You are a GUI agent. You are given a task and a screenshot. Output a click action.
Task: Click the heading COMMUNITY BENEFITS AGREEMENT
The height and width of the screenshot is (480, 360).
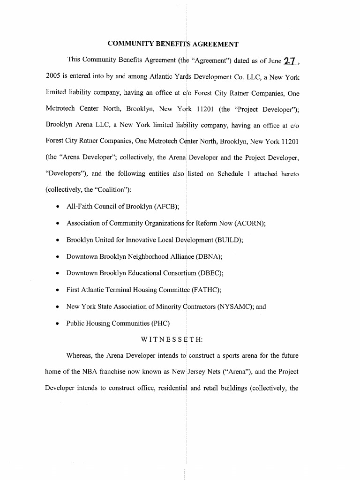(x=173, y=44)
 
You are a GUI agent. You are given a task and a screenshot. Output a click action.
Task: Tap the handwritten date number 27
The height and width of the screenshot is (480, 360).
(x=291, y=61)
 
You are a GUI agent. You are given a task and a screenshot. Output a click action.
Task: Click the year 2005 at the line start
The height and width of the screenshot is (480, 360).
(x=53, y=77)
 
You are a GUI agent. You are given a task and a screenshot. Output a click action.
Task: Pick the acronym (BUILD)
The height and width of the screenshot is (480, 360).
(x=229, y=240)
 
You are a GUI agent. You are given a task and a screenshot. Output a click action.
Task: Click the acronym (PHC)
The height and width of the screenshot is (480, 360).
(x=161, y=323)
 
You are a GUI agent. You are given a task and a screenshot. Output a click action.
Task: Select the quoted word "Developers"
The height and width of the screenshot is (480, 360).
(x=65, y=173)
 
